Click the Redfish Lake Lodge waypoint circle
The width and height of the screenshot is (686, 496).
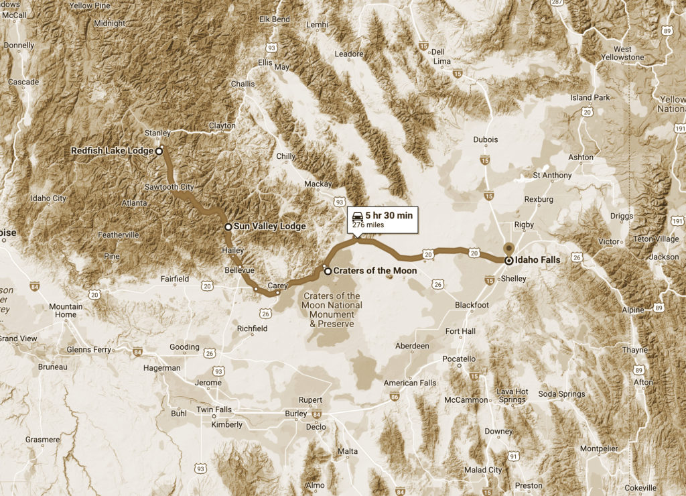pos(159,151)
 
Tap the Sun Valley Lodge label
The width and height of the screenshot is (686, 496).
pos(266,227)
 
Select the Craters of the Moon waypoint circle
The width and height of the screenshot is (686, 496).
pos(327,271)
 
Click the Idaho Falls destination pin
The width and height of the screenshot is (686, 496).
pos(508,259)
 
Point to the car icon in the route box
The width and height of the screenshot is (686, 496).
pos(358,216)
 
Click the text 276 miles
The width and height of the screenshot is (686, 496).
pos(368,225)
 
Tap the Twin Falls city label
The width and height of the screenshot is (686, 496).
pos(214,410)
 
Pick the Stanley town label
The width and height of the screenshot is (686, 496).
pos(157,133)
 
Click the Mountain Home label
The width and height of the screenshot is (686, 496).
pos(66,310)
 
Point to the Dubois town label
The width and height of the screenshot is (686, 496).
pos(485,139)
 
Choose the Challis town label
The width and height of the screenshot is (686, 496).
pos(243,84)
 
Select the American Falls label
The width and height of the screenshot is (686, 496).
pos(409,383)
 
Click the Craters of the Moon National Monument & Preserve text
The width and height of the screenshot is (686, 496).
pos(332,310)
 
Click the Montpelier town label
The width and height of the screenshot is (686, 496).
pos(598,448)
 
